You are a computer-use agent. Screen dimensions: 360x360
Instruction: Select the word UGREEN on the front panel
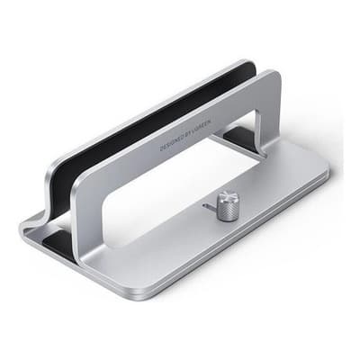[x=209, y=118]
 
